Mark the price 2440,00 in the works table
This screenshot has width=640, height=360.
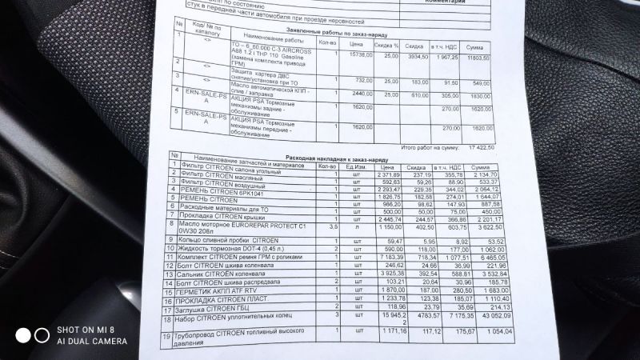362,93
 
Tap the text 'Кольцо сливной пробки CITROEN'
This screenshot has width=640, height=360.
232,238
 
